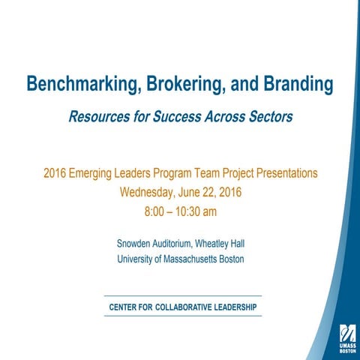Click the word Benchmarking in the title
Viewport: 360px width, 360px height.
79,85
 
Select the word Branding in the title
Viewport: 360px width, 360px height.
297,85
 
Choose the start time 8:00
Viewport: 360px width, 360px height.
156,211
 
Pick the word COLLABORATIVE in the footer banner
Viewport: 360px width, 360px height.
186,307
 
